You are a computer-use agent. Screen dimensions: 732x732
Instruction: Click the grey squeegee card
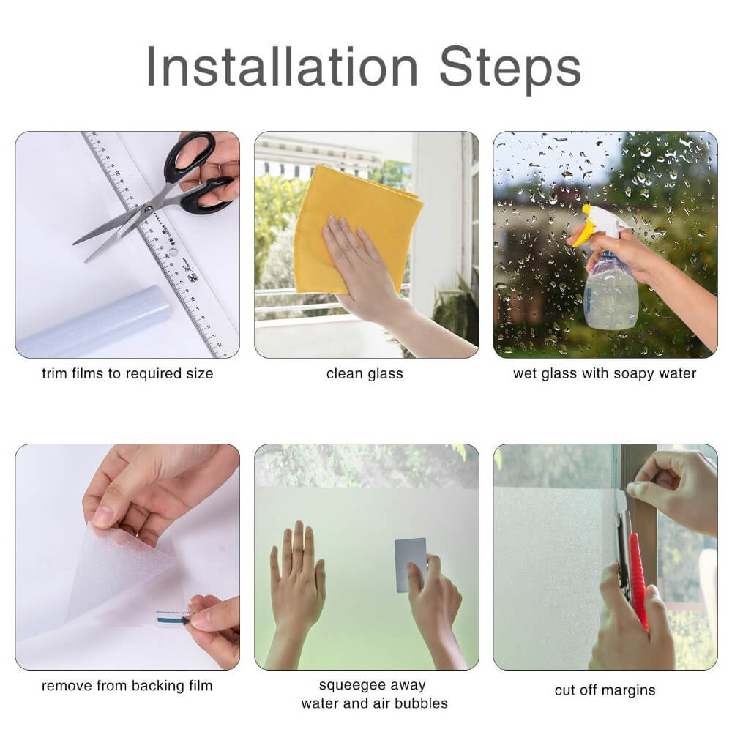(410, 564)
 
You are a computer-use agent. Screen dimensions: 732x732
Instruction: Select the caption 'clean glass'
(365, 373)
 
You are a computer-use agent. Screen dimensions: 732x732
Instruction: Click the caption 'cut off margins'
(605, 690)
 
